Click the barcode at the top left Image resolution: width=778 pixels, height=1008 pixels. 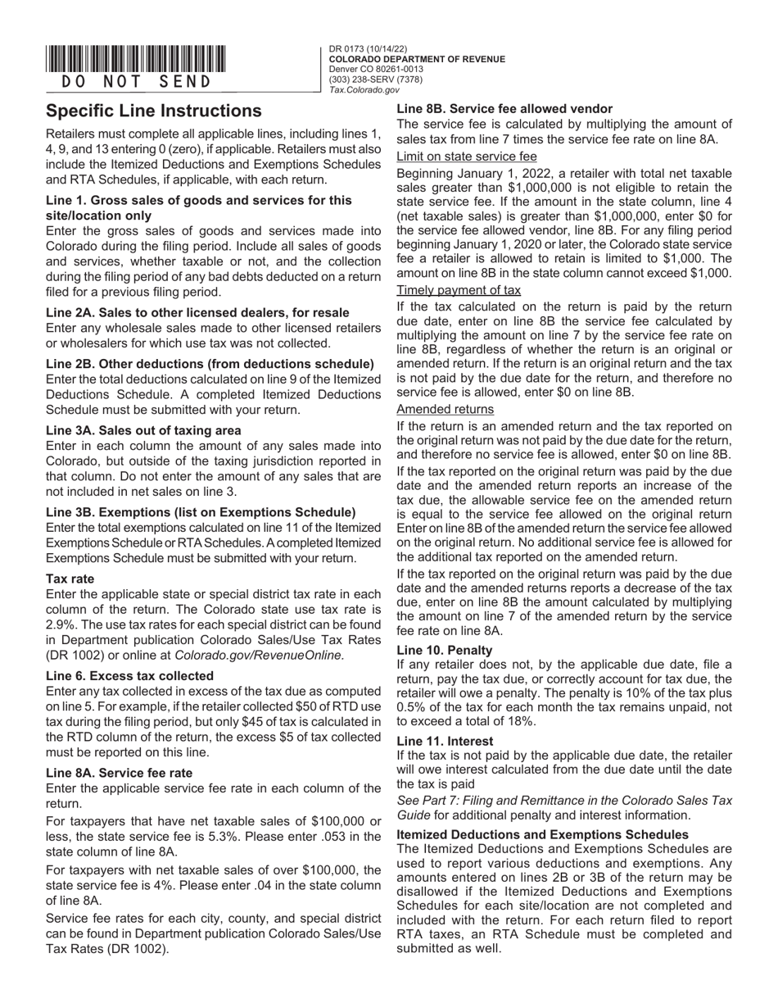point(136,60)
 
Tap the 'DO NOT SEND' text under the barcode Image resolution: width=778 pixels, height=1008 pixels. point(136,81)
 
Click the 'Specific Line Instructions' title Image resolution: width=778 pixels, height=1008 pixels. point(154,111)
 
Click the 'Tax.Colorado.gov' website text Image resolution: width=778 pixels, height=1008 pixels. point(364,90)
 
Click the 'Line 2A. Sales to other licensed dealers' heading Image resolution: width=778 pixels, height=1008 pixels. point(197,312)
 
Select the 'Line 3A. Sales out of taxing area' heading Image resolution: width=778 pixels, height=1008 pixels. point(143,430)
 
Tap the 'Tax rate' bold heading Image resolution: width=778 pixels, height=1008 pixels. point(70,579)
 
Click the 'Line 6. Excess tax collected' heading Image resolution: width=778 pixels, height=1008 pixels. point(129,676)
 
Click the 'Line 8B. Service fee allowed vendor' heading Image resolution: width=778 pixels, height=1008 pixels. point(504,108)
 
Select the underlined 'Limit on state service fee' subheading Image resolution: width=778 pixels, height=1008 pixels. point(467,157)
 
